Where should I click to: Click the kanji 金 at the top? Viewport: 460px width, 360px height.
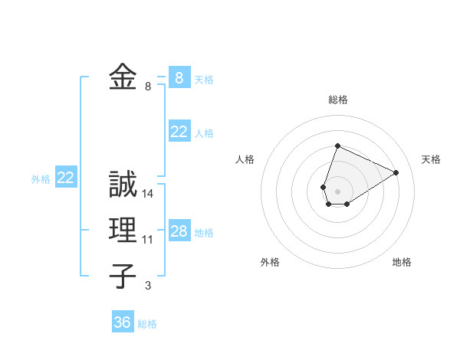[123, 77]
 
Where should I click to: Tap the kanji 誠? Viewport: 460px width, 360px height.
[123, 185]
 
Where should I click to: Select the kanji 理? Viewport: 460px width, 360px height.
[123, 231]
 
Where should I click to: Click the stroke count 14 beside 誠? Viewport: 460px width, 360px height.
[148, 195]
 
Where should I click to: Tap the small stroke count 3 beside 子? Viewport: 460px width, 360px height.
[148, 286]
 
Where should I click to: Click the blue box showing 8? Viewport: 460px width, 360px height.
[179, 77]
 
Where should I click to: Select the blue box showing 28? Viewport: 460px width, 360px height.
[179, 231]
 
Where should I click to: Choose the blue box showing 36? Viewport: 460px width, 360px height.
[123, 322]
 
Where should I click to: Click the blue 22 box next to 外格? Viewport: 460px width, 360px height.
[66, 178]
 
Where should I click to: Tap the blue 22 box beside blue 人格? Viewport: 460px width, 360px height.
[179, 132]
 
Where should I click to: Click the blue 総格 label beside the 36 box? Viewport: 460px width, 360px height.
[147, 324]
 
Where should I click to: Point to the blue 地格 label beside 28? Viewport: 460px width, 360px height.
[205, 233]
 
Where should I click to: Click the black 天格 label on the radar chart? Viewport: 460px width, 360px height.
[431, 159]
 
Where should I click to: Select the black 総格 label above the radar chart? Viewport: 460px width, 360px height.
[338, 100]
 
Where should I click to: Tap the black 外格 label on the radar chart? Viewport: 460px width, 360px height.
[270, 262]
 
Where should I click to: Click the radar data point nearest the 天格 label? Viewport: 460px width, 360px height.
[396, 172]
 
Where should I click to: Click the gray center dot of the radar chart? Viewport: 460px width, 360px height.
[338, 191]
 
